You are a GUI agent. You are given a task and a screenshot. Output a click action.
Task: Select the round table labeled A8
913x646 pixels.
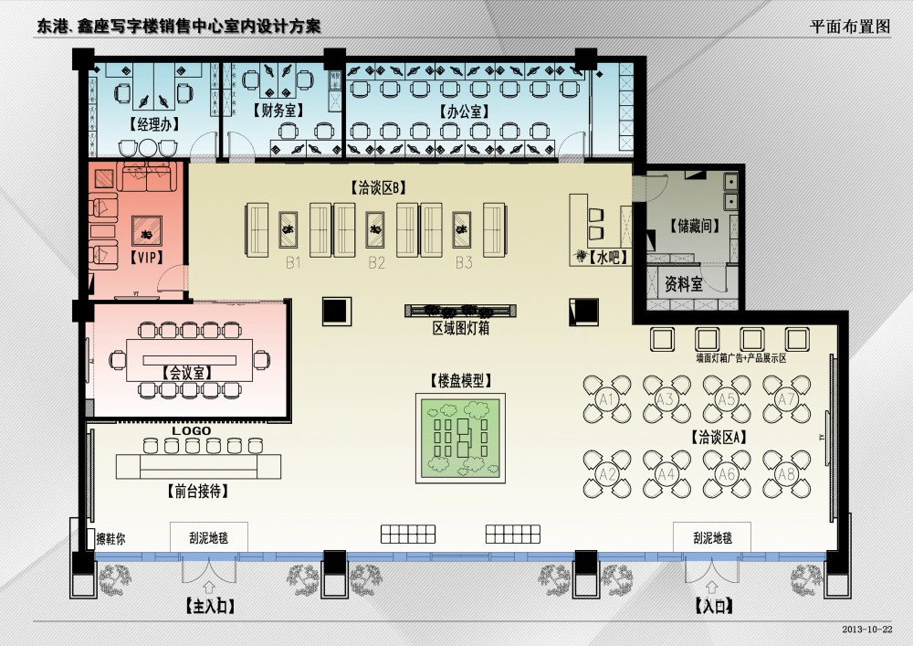click(786, 473)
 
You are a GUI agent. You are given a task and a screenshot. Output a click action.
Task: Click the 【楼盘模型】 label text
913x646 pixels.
click(460, 378)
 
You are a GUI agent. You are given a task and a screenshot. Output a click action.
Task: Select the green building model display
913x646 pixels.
click(461, 438)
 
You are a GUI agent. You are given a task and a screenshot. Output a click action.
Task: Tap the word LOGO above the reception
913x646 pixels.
click(192, 430)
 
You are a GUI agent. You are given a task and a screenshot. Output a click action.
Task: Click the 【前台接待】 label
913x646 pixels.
click(198, 492)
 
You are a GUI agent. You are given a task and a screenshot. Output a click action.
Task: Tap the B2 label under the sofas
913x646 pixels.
click(377, 264)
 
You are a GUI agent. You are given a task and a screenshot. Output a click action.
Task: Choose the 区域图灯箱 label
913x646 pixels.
click(460, 328)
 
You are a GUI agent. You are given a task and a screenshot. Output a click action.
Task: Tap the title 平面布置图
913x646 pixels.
click(849, 26)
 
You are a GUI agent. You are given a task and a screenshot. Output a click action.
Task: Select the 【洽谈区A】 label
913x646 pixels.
click(719, 437)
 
